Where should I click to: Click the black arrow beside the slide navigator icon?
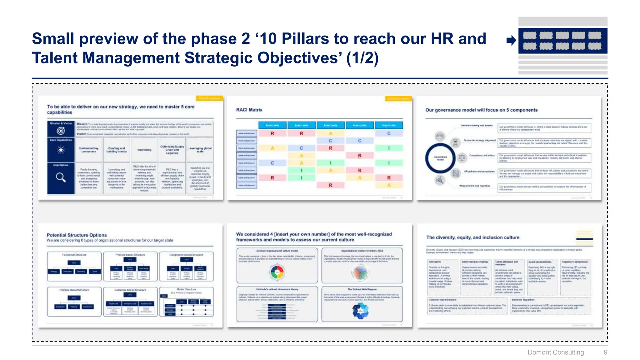tap(511, 40)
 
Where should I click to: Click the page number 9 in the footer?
tap(605, 352)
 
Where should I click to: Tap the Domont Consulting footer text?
tap(555, 352)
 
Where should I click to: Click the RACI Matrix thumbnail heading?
tap(249, 110)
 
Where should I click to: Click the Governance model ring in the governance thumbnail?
tap(440, 158)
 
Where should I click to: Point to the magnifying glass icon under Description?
tap(61, 177)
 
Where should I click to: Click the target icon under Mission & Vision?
tap(61, 131)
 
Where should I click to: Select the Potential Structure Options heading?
tap(77, 235)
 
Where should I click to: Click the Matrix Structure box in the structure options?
tap(187, 302)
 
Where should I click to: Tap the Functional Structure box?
tap(74, 266)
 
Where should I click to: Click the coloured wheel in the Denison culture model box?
tap(277, 272)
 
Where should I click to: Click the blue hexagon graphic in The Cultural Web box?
tap(361, 311)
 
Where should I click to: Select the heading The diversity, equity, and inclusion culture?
tap(472, 237)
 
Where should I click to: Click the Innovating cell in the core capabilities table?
tap(144, 150)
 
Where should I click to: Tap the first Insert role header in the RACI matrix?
tap(272, 125)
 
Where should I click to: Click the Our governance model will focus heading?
tap(481, 110)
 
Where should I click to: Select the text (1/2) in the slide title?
tap(362, 58)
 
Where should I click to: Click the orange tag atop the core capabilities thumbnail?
tap(209, 98)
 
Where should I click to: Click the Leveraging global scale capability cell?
tap(200, 150)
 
